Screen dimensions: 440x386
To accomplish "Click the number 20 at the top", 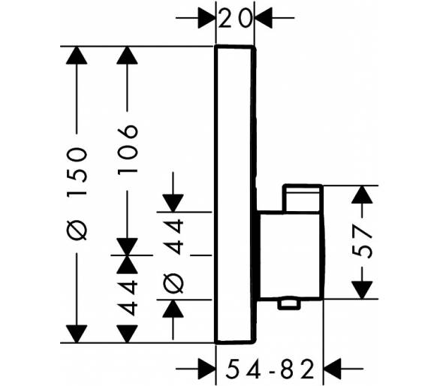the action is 234,18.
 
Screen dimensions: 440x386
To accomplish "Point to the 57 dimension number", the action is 362,242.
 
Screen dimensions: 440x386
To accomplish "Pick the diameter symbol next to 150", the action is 77,231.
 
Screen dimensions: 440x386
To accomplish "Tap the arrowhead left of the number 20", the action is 206,18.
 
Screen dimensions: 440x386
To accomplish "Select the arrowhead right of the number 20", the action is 264,18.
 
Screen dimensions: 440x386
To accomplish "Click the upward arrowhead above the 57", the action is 362,195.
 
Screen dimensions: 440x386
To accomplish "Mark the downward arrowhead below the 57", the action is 362,290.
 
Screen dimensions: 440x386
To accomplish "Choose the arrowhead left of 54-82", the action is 206,368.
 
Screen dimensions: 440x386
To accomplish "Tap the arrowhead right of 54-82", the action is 332,368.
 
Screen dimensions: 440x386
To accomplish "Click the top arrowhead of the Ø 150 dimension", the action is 77,56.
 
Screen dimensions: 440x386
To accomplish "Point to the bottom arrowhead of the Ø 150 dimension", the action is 77,333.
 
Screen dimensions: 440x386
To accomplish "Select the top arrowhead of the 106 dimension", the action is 127,56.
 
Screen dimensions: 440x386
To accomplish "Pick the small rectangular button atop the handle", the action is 303,198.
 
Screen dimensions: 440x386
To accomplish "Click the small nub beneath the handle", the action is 288,305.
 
